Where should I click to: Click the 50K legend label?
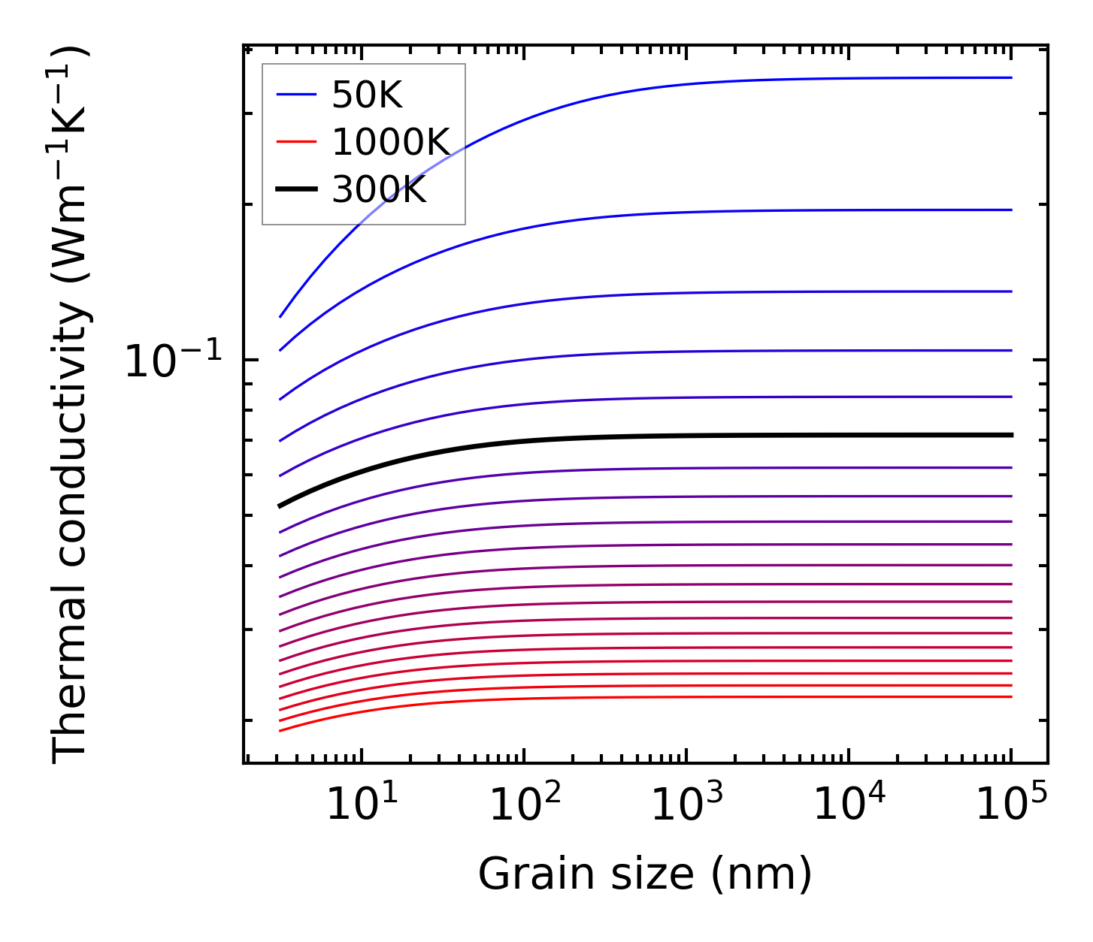(x=367, y=95)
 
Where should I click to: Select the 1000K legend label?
(x=390, y=143)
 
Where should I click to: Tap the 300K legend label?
(x=379, y=190)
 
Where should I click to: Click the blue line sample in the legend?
(x=296, y=95)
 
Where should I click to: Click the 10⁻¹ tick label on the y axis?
(x=173, y=361)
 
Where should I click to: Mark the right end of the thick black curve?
(x=1012, y=435)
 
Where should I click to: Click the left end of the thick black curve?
(x=280, y=506)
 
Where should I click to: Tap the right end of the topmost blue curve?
(x=1012, y=77)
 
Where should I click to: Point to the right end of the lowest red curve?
(x=1012, y=696)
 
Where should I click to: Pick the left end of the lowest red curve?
(x=280, y=730)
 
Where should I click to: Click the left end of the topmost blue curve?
(x=280, y=317)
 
